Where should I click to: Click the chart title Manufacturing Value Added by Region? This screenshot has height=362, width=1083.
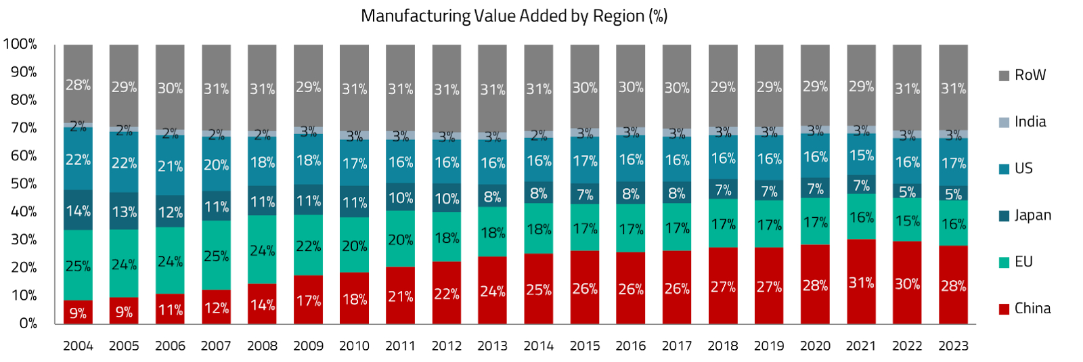coord(514,16)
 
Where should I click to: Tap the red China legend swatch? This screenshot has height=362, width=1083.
coord(1004,309)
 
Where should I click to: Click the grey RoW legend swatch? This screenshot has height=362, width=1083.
coord(1004,76)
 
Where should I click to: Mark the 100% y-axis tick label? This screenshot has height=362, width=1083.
coord(20,44)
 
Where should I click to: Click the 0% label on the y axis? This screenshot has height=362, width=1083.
coord(28,323)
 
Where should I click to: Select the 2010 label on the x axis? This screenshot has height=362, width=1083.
coord(354,346)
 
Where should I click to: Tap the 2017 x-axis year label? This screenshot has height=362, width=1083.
coord(677,346)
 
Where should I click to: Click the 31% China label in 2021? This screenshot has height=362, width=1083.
coord(861,282)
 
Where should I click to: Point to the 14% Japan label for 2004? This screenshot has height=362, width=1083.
coord(78,211)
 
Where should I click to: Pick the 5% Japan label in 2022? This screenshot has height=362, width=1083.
coord(907,192)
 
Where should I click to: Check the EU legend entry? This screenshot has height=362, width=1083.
coord(1023,262)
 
